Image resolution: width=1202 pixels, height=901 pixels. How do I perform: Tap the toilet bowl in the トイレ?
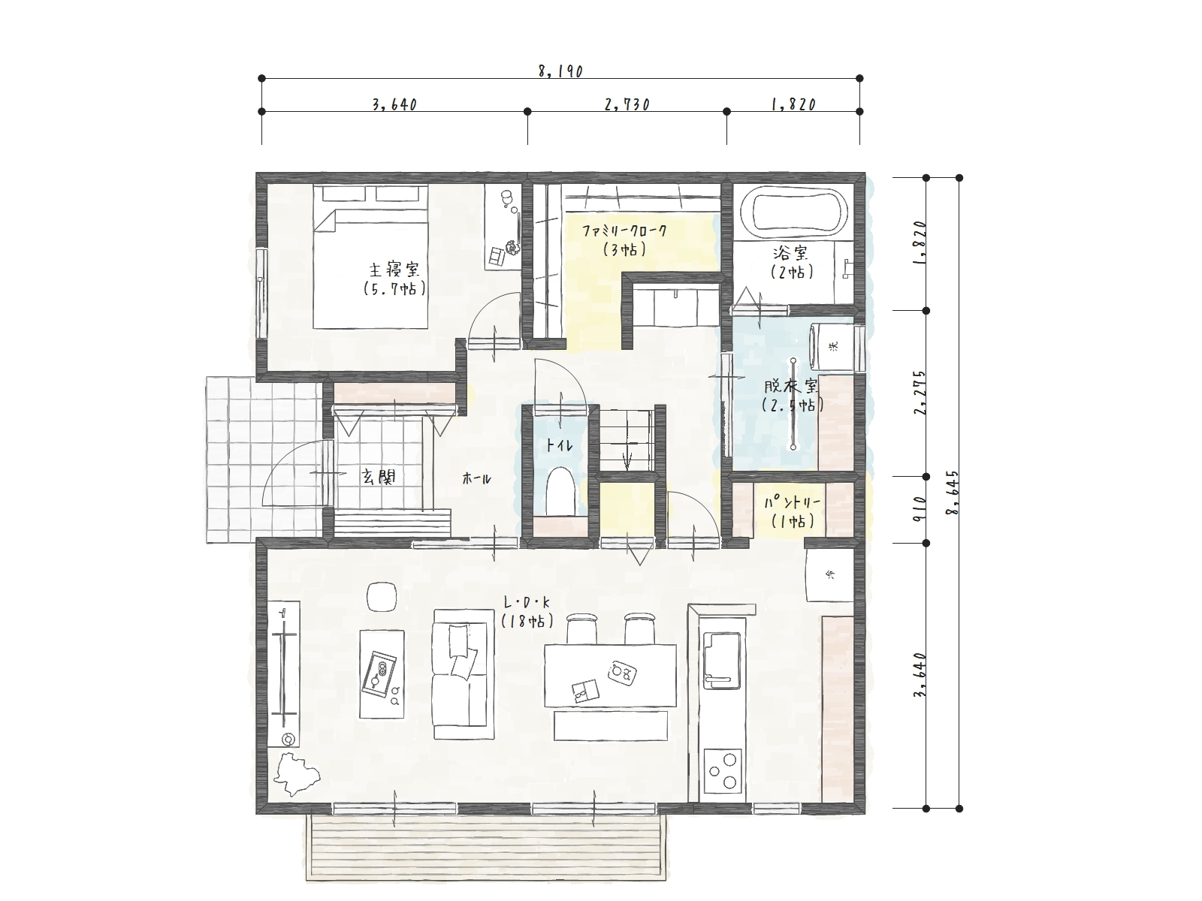(560, 491)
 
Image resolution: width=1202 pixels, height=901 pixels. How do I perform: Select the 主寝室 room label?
(394, 270)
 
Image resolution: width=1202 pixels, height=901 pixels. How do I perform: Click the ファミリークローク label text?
(624, 231)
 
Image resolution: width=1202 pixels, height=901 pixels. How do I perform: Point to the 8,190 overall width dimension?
(560, 71)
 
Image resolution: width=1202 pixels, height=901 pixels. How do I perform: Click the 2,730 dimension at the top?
(627, 104)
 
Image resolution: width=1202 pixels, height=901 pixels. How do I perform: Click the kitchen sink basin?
(722, 658)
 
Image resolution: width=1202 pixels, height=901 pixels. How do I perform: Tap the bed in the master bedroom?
(370, 256)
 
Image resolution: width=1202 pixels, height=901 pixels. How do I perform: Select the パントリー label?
(792, 503)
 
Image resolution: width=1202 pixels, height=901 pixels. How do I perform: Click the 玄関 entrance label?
(378, 477)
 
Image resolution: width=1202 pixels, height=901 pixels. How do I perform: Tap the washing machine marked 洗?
(832, 347)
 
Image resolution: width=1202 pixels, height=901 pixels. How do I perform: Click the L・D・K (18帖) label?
(527, 612)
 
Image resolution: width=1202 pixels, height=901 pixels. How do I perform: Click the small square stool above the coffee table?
(382, 595)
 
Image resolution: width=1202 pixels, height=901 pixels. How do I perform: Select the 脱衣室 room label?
(792, 386)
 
